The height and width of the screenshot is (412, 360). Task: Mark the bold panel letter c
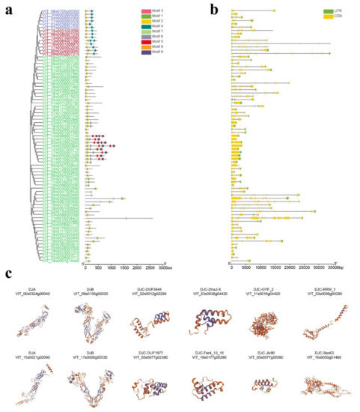[x=10, y=276]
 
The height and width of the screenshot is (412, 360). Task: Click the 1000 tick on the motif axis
[x=111, y=266]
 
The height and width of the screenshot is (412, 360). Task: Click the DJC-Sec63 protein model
[x=320, y=386]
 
